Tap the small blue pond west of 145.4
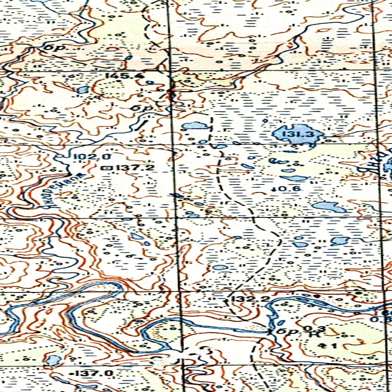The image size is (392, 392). [82, 90]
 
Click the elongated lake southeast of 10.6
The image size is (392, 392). [328, 207]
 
